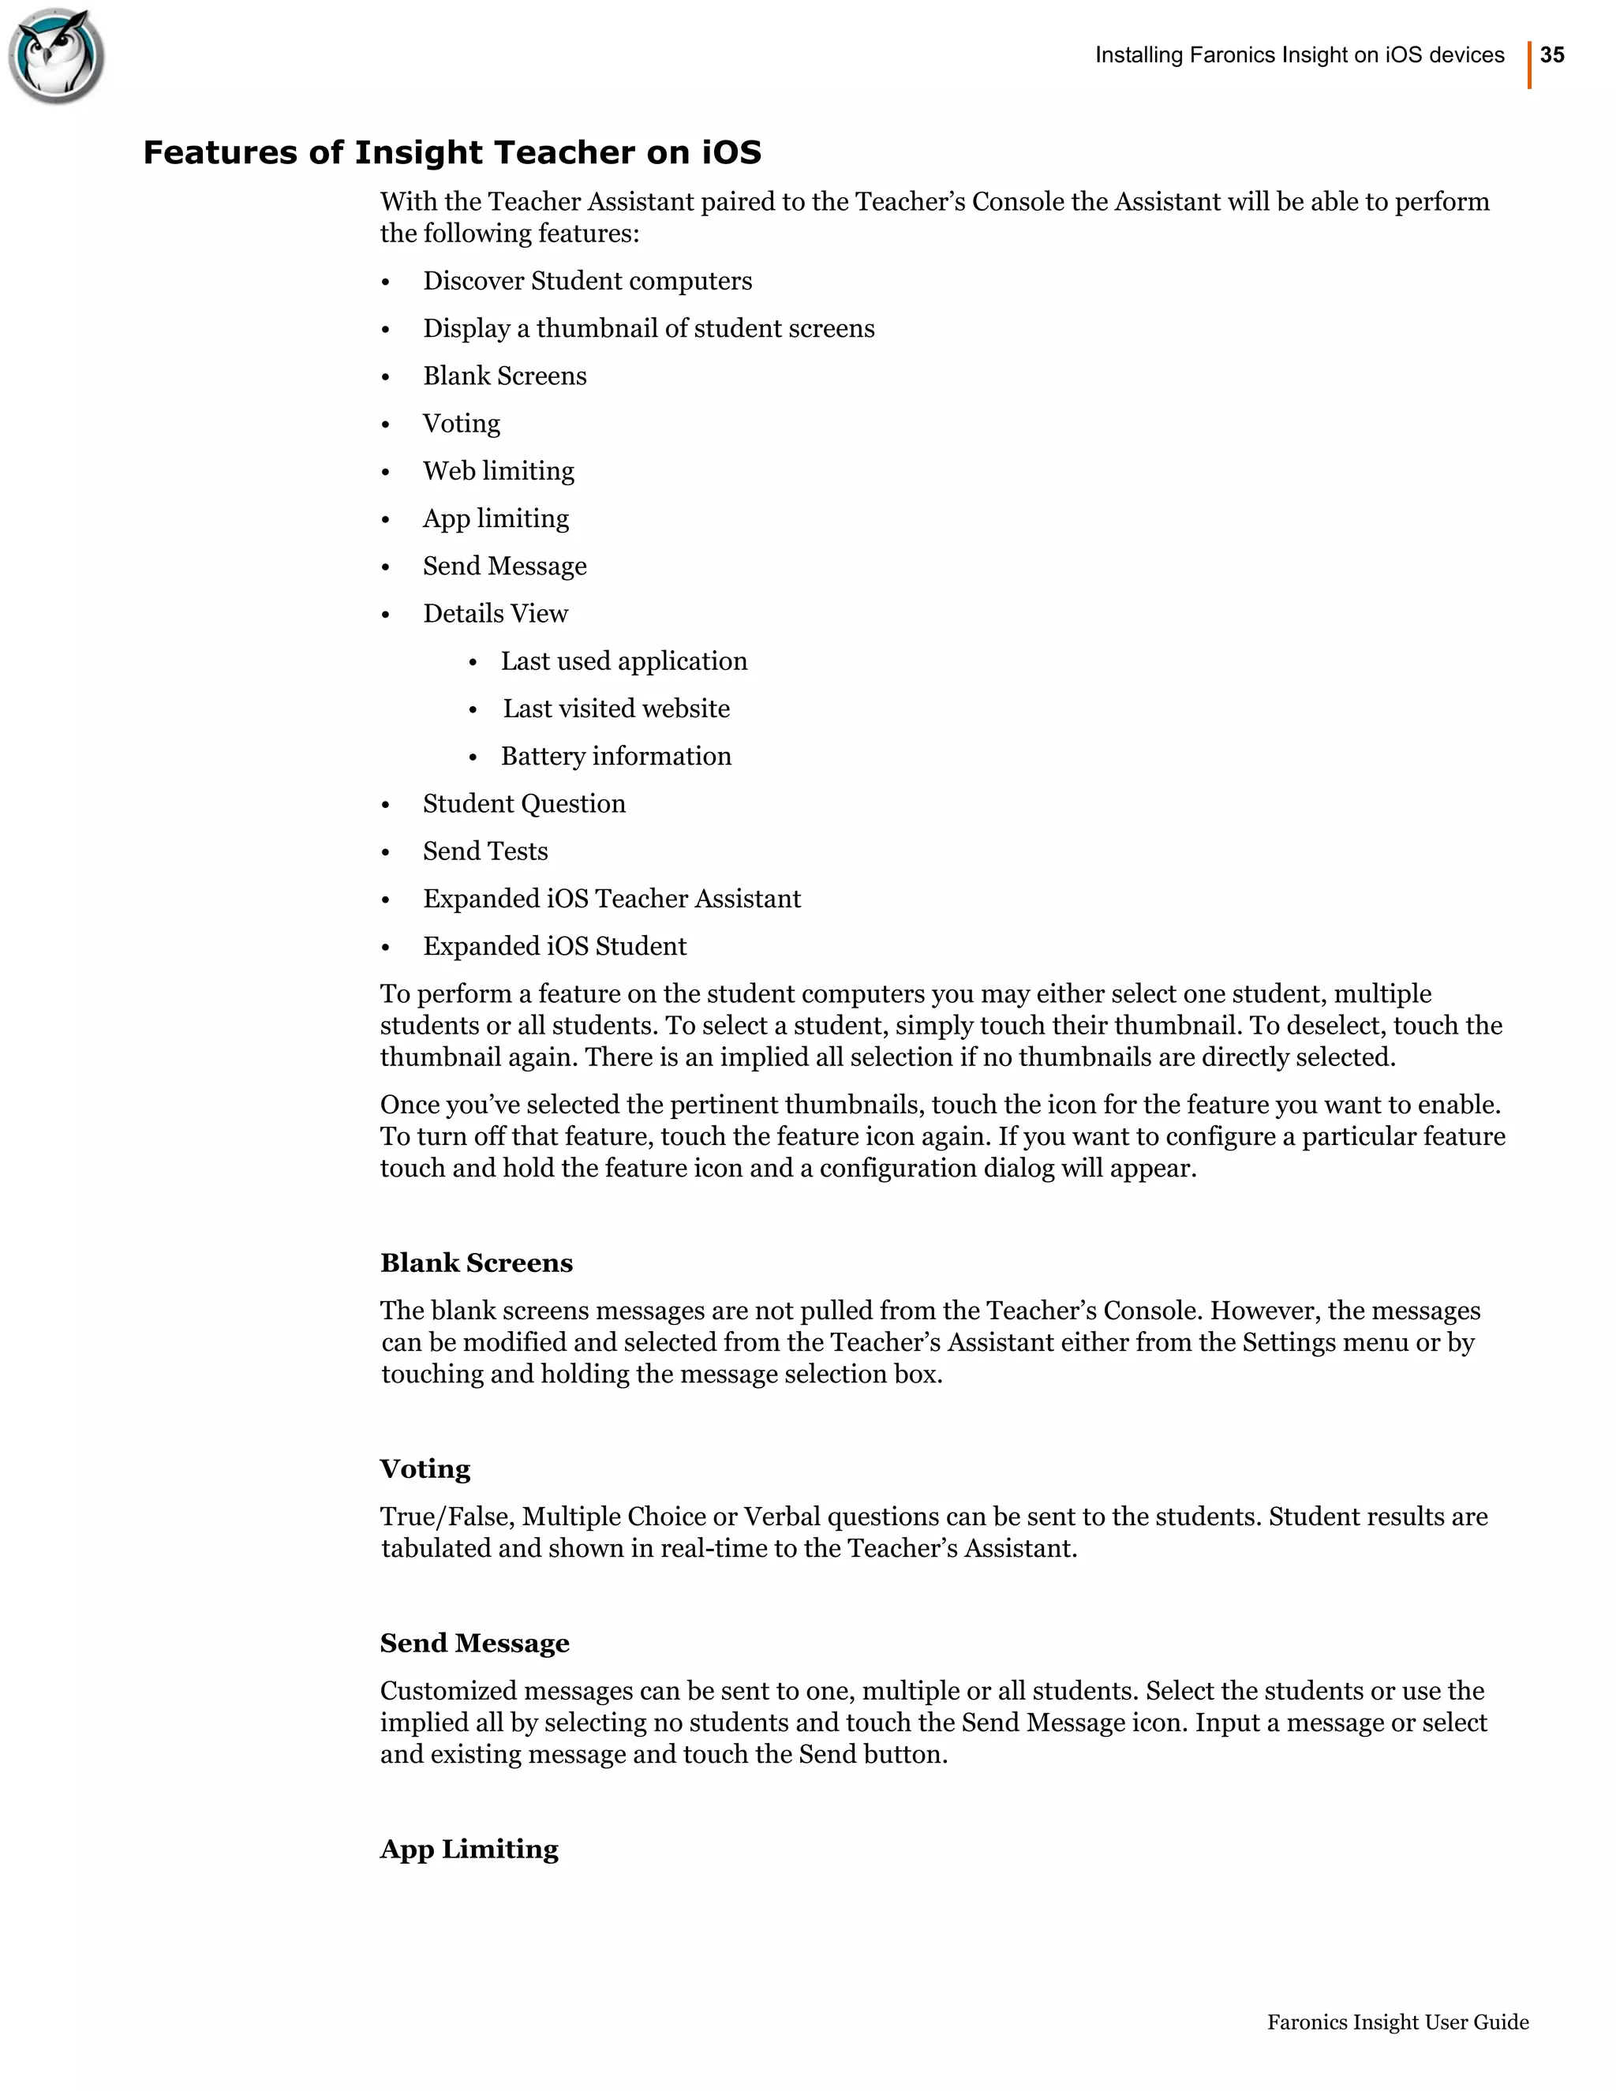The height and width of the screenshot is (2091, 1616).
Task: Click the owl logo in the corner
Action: click(x=55, y=55)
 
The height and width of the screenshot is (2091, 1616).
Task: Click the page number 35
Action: click(x=1552, y=55)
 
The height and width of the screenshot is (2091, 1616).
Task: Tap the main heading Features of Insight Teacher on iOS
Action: click(x=452, y=153)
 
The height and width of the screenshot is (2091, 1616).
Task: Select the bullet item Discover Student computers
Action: click(x=587, y=282)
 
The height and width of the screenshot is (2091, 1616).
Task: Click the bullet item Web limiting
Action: click(x=498, y=471)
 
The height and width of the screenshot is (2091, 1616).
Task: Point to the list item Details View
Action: click(x=495, y=614)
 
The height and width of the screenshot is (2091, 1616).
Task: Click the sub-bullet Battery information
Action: click(x=615, y=757)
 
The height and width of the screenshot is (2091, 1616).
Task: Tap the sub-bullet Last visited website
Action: click(x=615, y=709)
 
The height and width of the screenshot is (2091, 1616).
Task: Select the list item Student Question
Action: click(x=524, y=804)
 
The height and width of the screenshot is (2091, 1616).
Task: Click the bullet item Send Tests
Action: click(x=485, y=851)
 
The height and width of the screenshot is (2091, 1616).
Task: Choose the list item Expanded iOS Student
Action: click(x=554, y=947)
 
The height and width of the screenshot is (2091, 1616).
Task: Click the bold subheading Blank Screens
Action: click(x=476, y=1262)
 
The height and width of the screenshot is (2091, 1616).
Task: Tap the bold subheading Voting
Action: click(x=425, y=1468)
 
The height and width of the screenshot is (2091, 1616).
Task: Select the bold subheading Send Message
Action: click(x=474, y=1643)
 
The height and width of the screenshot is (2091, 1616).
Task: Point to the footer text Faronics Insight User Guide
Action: click(x=1397, y=2022)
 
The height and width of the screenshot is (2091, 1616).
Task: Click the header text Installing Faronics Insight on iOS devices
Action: click(x=1299, y=55)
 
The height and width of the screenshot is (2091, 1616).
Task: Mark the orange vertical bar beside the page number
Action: click(x=1529, y=65)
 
